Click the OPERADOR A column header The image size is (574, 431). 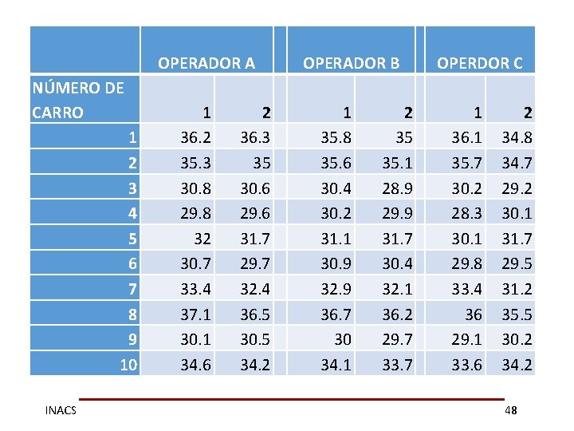tap(206, 62)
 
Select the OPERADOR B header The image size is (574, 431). tap(351, 62)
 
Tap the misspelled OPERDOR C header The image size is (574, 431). tap(479, 62)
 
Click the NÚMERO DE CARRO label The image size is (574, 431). tap(77, 100)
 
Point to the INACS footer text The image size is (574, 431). tap(61, 410)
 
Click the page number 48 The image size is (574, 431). tap(510, 410)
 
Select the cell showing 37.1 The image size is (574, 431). tap(195, 314)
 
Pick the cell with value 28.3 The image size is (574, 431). tap(467, 213)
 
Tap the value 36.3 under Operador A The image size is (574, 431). tap(257, 137)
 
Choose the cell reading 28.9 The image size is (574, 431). tap(396, 188)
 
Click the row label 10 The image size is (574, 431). tap(128, 366)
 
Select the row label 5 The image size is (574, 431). tap(133, 239)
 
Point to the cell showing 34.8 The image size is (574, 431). tap(517, 137)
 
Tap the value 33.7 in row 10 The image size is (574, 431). tap(396, 366)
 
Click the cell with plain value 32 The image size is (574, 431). tap(202, 239)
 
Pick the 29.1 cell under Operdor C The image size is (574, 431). tap(467, 340)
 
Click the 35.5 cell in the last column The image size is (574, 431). tap(517, 314)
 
